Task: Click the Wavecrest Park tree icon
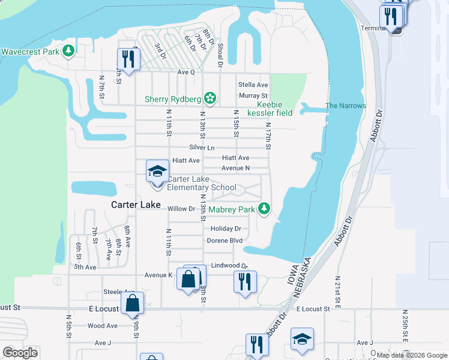tap(69, 51)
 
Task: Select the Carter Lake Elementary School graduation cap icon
tap(157, 171)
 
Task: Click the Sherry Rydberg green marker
tap(209, 97)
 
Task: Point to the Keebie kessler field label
tap(270, 108)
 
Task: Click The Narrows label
tap(345, 106)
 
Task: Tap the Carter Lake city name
tap(136, 205)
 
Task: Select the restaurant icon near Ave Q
tap(128, 58)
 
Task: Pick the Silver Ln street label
tap(202, 148)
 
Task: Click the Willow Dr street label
tap(182, 209)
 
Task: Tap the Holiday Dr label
tap(226, 229)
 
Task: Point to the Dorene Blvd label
tap(224, 241)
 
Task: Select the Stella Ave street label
tap(253, 85)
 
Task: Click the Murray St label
tap(253, 95)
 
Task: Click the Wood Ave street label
tap(102, 326)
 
